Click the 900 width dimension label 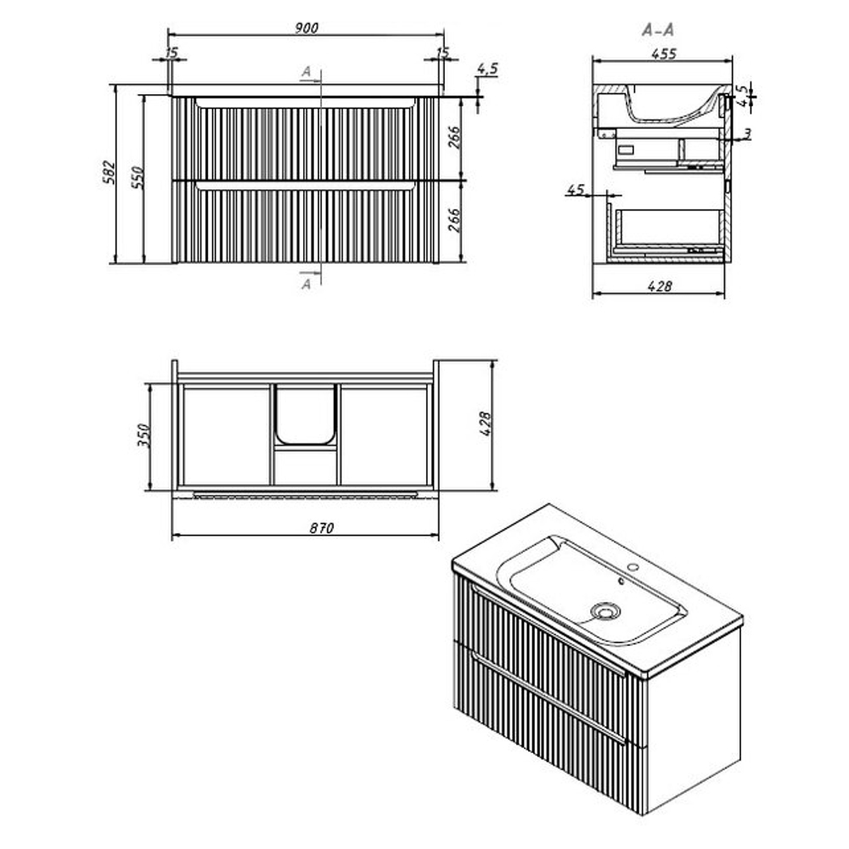tap(306, 28)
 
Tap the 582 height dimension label tap(110, 172)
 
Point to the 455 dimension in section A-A tap(664, 53)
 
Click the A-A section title tap(659, 30)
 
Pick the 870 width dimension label tap(322, 527)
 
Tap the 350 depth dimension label tap(143, 436)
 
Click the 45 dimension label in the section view tap(576, 189)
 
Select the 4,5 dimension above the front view tap(487, 69)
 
